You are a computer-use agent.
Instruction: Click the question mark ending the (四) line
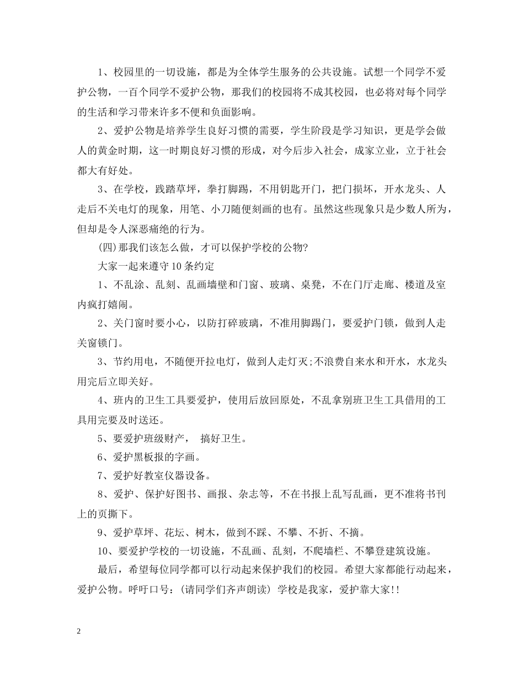306,247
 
